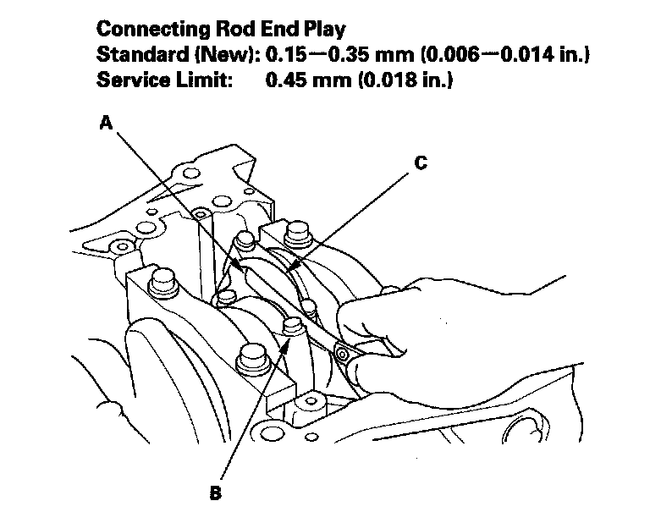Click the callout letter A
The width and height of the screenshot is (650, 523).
[106, 124]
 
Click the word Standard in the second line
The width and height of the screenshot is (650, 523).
[134, 56]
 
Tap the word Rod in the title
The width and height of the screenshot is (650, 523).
[229, 30]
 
